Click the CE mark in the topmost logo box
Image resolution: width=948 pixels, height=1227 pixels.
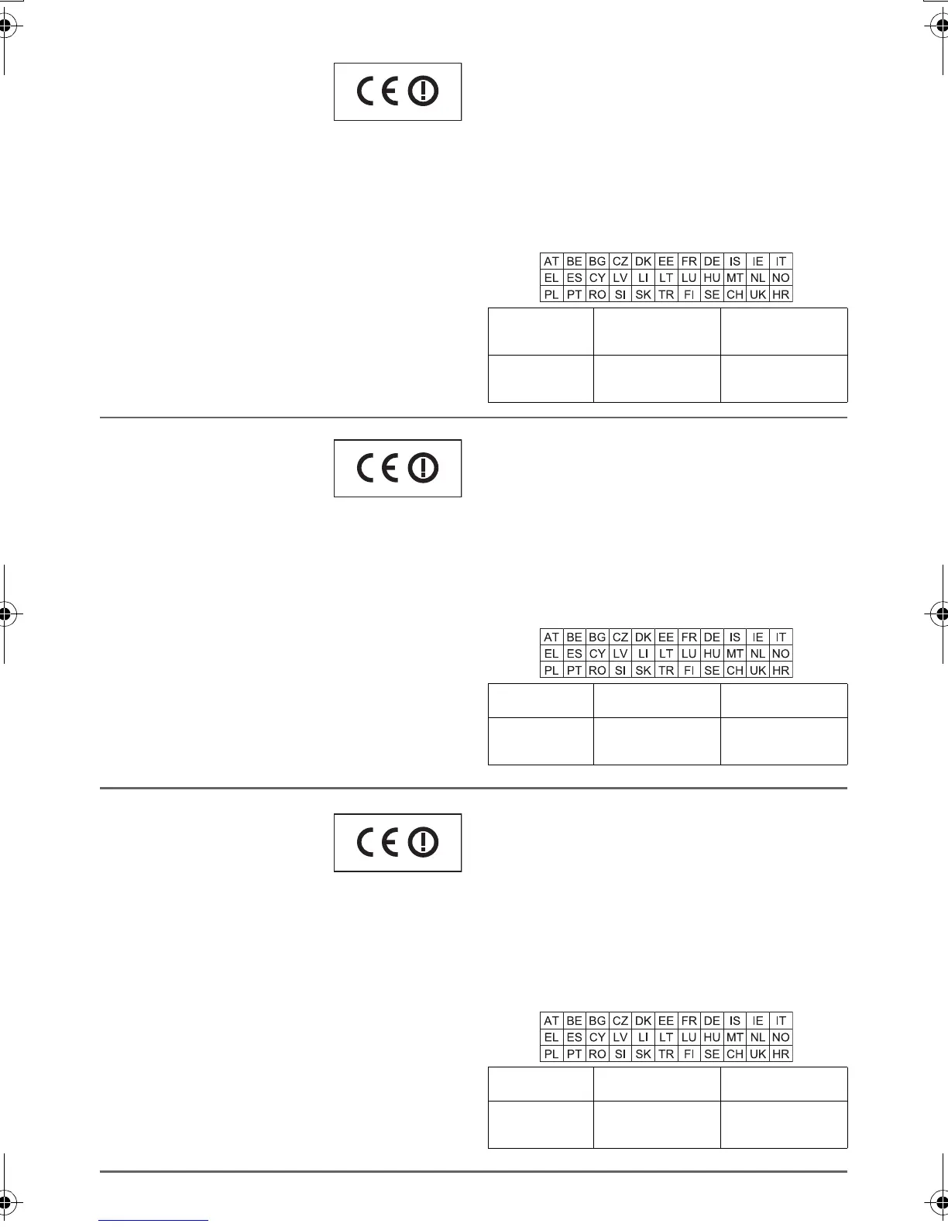(x=377, y=92)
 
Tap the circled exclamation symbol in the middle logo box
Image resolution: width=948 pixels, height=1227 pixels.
(x=423, y=468)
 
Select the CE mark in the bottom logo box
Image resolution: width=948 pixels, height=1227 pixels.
(x=377, y=842)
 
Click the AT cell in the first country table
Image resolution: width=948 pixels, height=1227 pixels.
(x=551, y=262)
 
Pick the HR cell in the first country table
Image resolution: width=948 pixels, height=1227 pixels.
(x=781, y=294)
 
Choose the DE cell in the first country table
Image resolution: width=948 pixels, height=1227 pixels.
(x=712, y=262)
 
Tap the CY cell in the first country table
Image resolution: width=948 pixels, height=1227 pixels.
(x=597, y=278)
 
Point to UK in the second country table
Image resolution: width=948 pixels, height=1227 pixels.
(x=757, y=670)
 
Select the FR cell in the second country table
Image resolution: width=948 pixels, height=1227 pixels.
(x=689, y=638)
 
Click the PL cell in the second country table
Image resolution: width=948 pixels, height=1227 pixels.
(x=551, y=670)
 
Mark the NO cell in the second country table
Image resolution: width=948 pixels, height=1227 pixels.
(x=781, y=654)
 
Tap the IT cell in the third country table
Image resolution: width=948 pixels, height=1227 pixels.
(x=781, y=1021)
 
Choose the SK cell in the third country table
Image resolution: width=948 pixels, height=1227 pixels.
(x=643, y=1053)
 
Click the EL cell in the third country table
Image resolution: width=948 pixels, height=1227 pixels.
(x=551, y=1037)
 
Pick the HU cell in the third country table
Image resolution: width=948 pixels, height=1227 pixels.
(x=712, y=1037)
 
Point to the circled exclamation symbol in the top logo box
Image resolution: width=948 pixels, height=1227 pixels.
(x=423, y=92)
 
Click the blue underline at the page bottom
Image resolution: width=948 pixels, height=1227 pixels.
(x=153, y=1220)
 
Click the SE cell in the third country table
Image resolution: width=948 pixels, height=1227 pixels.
(x=712, y=1053)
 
